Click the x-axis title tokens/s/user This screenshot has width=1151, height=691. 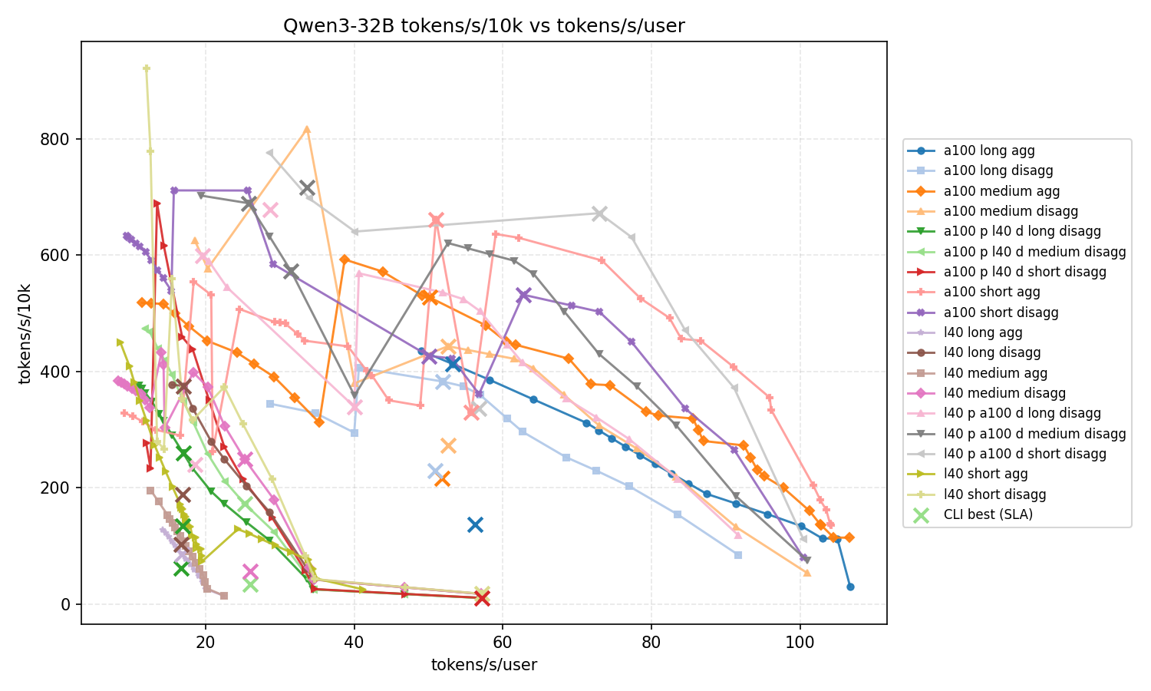483,665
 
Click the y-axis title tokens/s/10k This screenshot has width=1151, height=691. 25,332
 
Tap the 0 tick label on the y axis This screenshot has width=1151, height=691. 65,604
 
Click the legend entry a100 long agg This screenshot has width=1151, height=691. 983,151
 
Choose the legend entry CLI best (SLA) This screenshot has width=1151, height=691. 988,514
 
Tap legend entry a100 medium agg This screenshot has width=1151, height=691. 991,191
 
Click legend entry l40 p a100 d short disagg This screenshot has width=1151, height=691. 1024,454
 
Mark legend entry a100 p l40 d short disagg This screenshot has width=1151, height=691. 1024,272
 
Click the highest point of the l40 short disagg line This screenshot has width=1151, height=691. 147,68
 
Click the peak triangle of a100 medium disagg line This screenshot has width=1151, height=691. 307,129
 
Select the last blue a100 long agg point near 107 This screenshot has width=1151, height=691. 850,587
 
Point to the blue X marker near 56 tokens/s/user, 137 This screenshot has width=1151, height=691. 475,524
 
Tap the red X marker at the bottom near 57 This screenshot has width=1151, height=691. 482,598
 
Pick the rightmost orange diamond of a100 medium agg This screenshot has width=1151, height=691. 849,537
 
